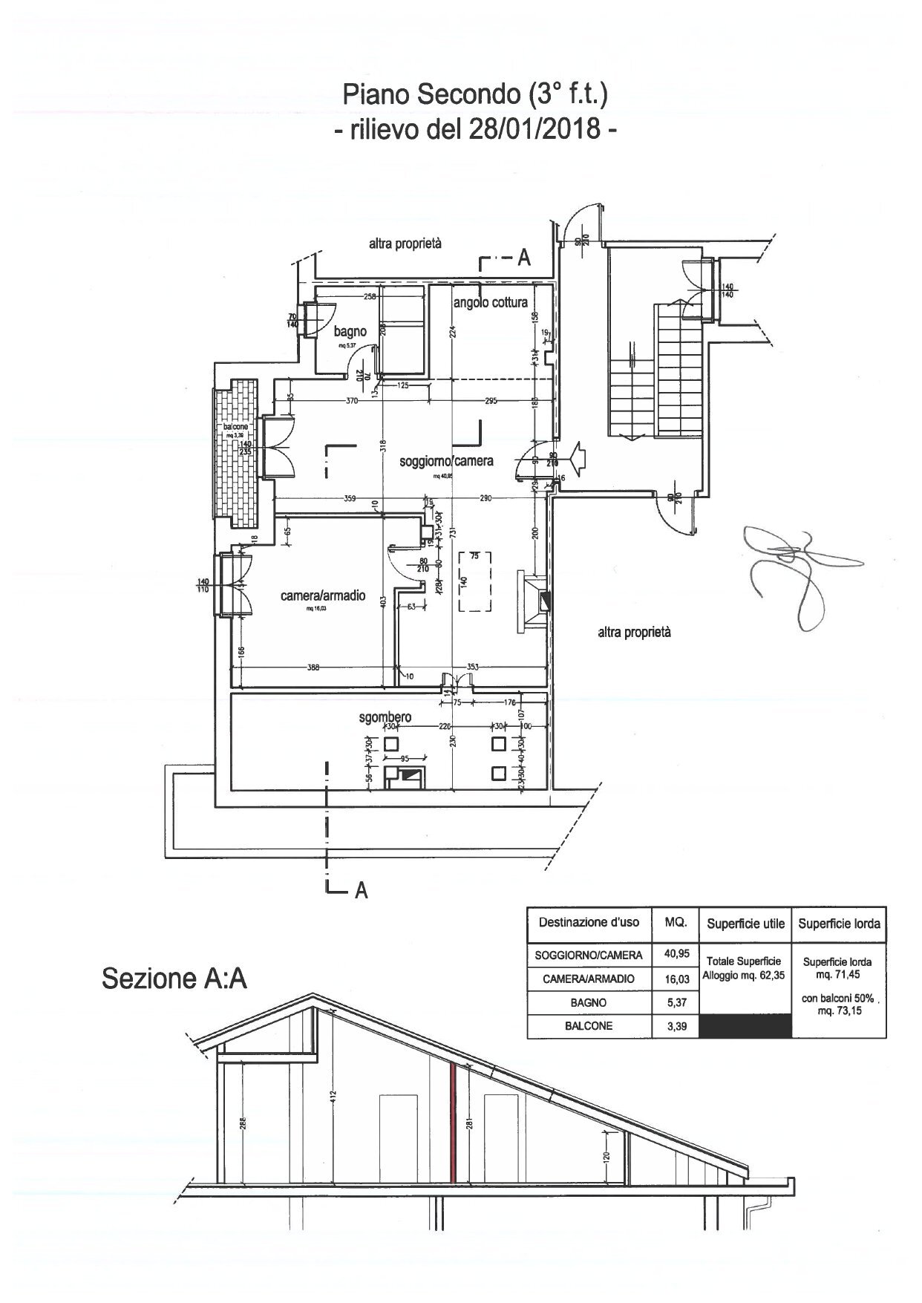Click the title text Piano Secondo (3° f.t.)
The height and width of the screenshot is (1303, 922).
click(475, 95)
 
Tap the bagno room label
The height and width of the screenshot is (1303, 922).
click(350, 332)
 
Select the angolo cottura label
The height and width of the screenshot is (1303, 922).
click(491, 302)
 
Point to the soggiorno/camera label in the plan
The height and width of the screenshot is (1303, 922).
click(446, 461)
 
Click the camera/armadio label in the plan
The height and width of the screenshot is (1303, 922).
click(323, 595)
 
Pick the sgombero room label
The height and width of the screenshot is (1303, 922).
click(385, 718)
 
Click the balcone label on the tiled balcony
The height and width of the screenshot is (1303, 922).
click(236, 428)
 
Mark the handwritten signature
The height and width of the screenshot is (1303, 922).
click(794, 572)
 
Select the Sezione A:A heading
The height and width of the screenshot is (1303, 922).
click(174, 978)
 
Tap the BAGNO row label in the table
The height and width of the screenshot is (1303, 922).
click(589, 1002)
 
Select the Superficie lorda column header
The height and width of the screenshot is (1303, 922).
click(839, 924)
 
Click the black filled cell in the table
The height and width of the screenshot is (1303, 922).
click(746, 1026)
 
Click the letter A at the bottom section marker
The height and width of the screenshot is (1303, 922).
click(362, 890)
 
